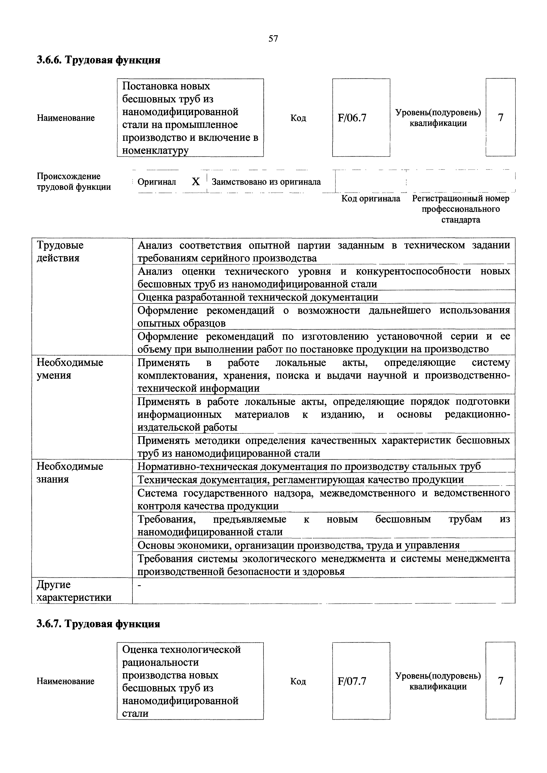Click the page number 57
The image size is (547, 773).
[x=273, y=39]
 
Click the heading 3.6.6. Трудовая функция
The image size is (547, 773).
[x=98, y=60]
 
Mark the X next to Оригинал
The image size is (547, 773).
[x=196, y=182]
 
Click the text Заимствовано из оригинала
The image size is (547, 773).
[x=266, y=182]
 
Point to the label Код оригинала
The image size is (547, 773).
[x=371, y=199]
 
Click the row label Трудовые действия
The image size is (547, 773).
[x=60, y=251]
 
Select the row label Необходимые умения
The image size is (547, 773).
[x=70, y=369]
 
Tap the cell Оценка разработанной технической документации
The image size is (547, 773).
[x=258, y=297]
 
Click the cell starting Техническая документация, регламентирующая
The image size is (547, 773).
[x=300, y=479]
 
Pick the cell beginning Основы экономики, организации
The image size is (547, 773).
[x=298, y=545]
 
